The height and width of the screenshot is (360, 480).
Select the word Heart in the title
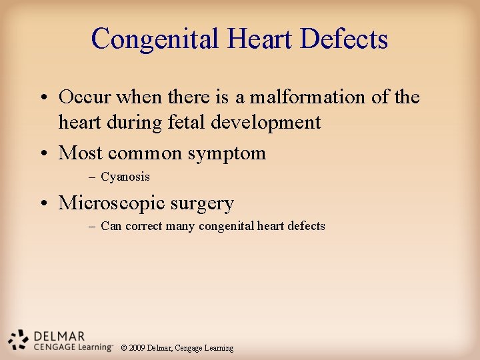coord(261,39)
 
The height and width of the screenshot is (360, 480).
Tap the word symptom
coord(227,153)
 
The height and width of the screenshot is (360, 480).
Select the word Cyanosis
coord(125,177)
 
